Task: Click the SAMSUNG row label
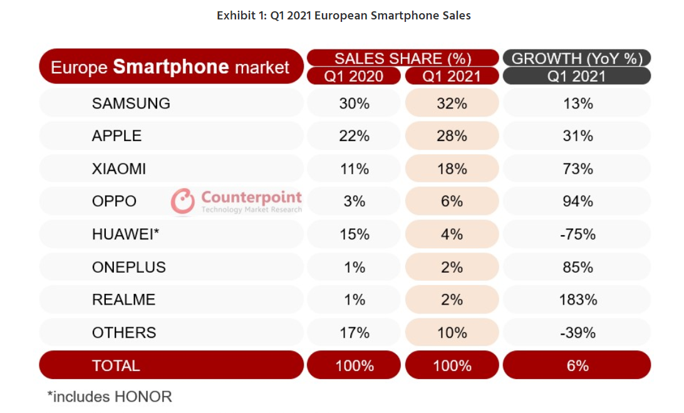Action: pyautogui.click(x=131, y=103)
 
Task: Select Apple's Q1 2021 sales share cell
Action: pyautogui.click(x=452, y=136)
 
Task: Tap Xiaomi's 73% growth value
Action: pyautogui.click(x=577, y=169)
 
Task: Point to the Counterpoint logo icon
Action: pyautogui.click(x=184, y=201)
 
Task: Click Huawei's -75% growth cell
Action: pyautogui.click(x=577, y=234)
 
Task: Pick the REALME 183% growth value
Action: pyautogui.click(x=577, y=300)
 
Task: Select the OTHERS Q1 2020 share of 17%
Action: pyautogui.click(x=354, y=332)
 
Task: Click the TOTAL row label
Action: pyautogui.click(x=116, y=365)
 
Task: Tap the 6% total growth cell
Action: pyautogui.click(x=577, y=365)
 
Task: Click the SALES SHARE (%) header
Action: pyautogui.click(x=403, y=59)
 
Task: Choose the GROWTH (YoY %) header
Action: pyautogui.click(x=577, y=59)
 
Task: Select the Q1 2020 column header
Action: pyautogui.click(x=354, y=76)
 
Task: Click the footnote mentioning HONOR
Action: pyautogui.click(x=110, y=396)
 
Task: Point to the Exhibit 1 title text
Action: pyautogui.click(x=343, y=16)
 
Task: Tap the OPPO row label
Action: pyautogui.click(x=114, y=201)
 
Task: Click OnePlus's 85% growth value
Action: pyautogui.click(x=577, y=267)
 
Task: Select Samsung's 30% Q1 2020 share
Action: pyautogui.click(x=354, y=103)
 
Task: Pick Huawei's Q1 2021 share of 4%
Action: pyautogui.click(x=452, y=234)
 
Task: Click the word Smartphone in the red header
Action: pyautogui.click(x=170, y=67)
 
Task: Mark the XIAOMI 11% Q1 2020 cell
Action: pyautogui.click(x=354, y=169)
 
